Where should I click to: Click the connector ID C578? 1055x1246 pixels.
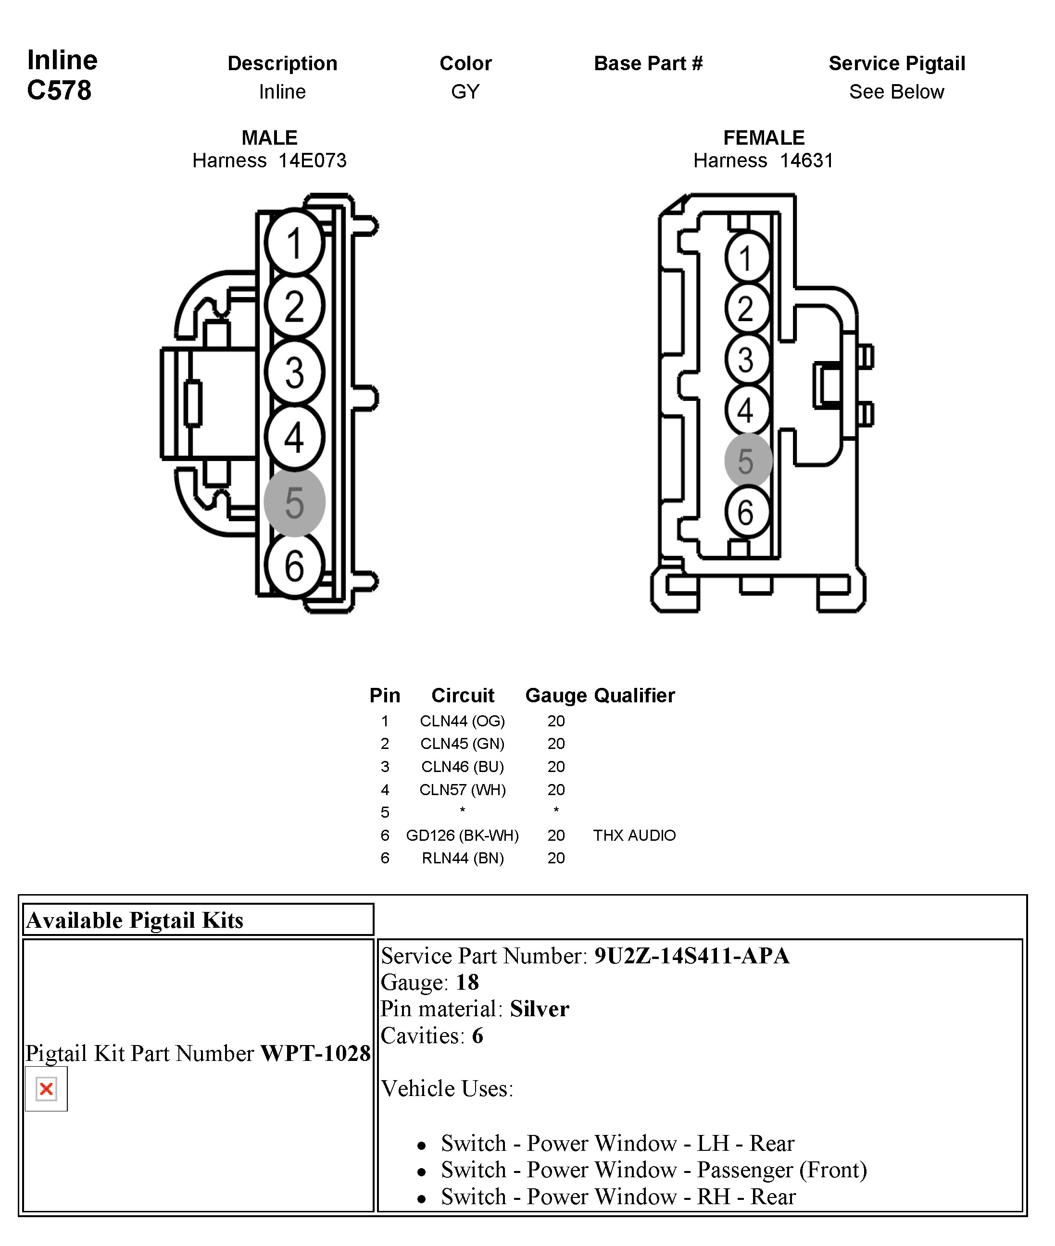59,90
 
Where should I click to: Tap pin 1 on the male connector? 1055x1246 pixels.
294,243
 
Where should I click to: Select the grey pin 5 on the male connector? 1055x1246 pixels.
294,502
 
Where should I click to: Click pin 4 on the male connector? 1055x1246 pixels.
294,437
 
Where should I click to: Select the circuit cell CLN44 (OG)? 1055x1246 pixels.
462,721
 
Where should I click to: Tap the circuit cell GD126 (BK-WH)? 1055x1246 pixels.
462,835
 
